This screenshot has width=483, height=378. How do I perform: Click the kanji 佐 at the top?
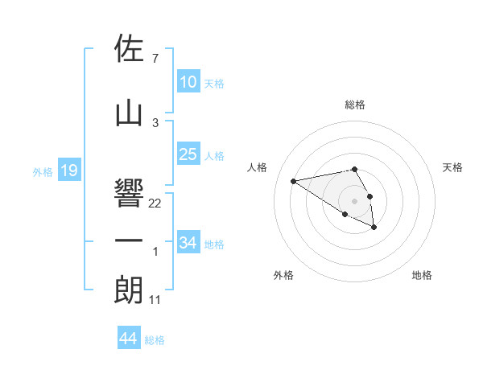(130, 49)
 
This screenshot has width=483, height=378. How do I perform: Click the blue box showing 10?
(188, 82)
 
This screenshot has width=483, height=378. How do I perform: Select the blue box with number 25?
(188, 154)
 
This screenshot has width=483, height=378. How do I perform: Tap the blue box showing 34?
(188, 242)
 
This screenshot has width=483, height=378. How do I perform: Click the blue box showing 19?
(69, 171)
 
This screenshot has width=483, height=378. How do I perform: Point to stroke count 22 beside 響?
(155, 203)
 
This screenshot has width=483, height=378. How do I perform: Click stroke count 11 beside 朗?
(155, 300)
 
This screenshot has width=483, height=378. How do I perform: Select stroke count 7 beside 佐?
(155, 59)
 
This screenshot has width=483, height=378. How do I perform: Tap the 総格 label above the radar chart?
(355, 105)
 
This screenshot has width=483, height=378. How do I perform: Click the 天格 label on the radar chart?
(452, 167)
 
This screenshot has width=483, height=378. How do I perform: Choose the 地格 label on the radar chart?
(422, 276)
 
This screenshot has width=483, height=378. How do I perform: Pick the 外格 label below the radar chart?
(283, 276)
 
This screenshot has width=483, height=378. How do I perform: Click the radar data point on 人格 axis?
(293, 180)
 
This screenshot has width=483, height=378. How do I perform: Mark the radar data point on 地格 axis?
(374, 228)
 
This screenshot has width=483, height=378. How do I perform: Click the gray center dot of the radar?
(354, 200)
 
